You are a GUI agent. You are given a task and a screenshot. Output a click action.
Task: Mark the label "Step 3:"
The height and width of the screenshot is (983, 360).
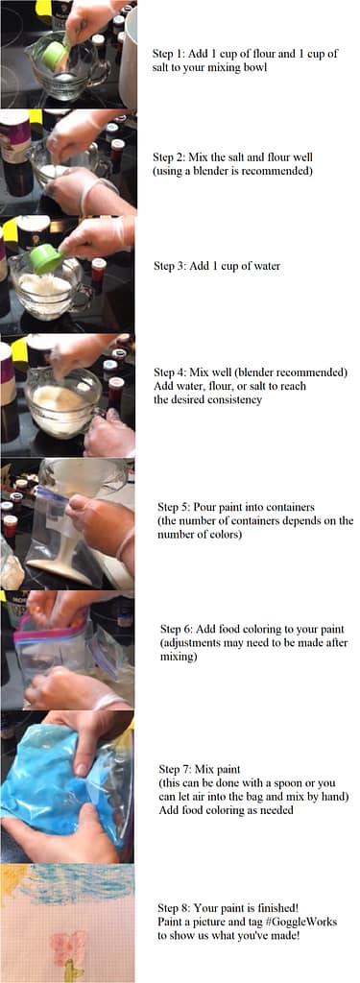pyautogui.click(x=174, y=266)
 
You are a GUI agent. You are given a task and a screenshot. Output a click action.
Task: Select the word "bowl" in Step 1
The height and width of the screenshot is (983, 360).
pyautogui.click(x=252, y=68)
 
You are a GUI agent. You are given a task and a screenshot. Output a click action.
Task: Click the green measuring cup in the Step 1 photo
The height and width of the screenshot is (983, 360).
pyautogui.click(x=54, y=56)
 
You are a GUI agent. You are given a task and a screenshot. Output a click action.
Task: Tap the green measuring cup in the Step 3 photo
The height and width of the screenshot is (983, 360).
pyautogui.click(x=45, y=258)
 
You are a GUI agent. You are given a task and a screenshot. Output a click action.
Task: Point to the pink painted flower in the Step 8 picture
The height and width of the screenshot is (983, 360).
pyautogui.click(x=68, y=946)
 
